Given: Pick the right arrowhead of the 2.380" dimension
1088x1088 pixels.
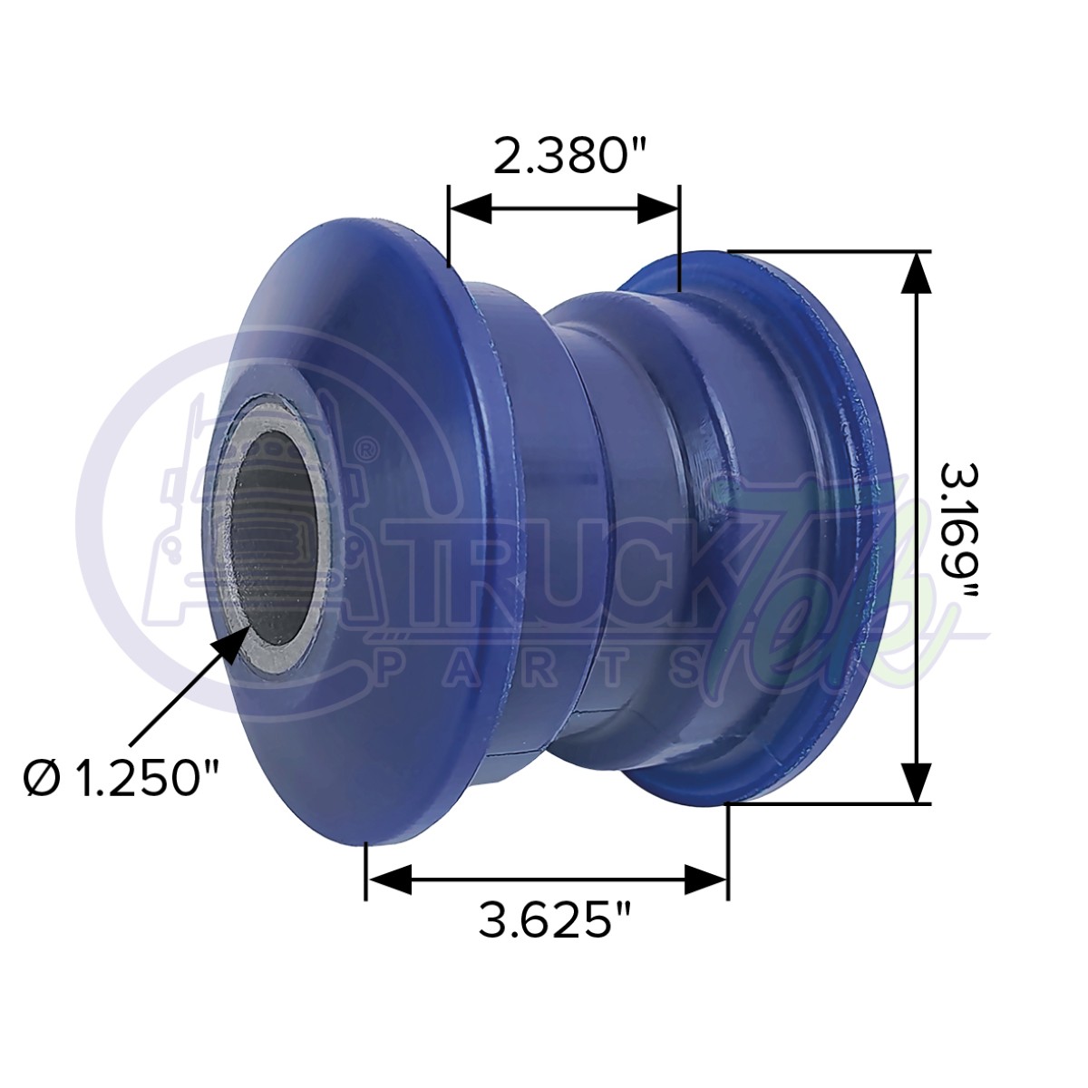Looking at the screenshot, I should pos(658,208).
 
